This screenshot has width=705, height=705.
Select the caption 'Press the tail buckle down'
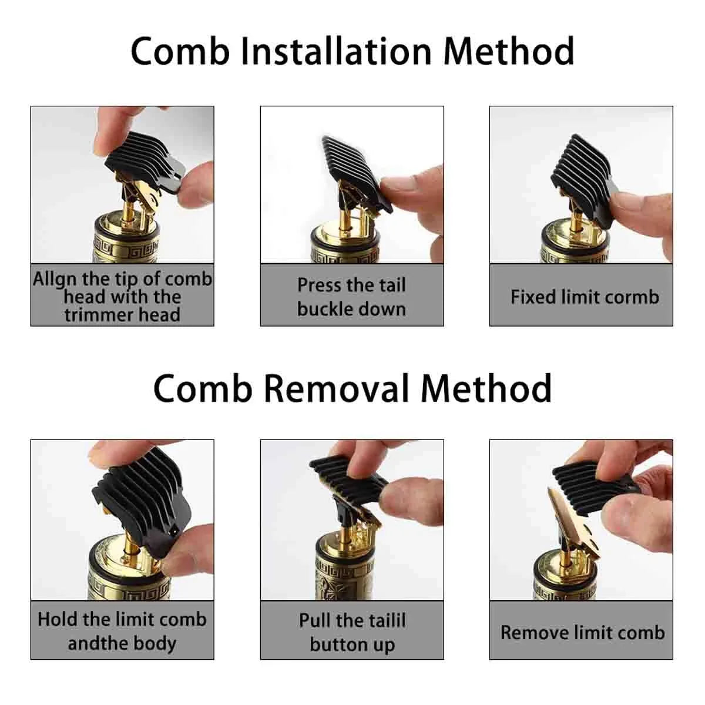[351, 297]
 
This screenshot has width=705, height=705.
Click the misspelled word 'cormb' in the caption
[633, 297]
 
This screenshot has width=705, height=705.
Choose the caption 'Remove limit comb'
[582, 633]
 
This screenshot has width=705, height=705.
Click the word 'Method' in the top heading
[508, 51]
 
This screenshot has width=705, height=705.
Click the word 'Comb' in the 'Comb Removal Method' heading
[203, 388]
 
